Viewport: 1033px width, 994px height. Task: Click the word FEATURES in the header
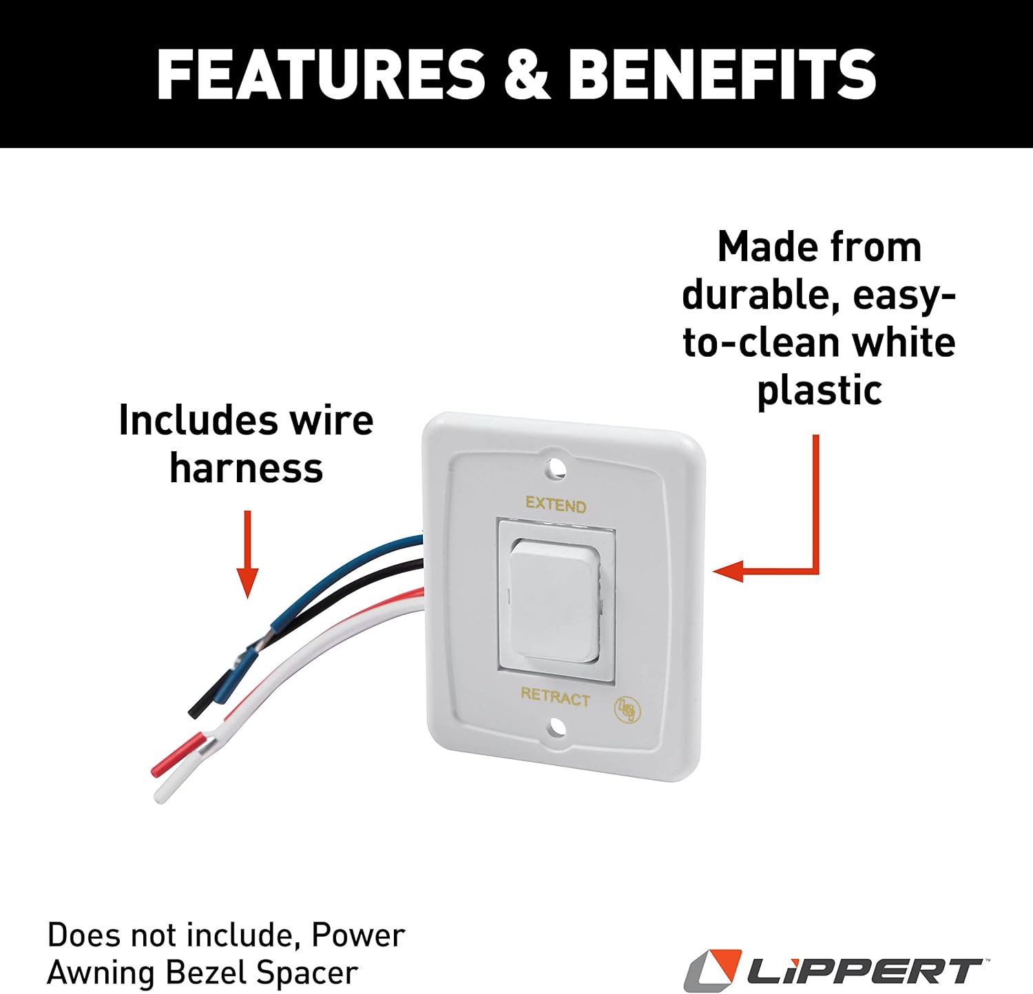321,74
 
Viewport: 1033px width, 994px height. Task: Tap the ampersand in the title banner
527,74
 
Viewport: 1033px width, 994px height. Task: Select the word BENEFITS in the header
722,74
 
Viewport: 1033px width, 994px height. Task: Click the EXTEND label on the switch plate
556,505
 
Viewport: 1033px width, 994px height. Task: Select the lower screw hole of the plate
558,727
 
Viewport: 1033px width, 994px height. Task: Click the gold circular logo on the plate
626,709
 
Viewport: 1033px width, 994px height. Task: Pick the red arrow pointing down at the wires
247,554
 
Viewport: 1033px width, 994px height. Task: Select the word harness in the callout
246,468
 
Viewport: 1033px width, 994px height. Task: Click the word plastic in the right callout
820,391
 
